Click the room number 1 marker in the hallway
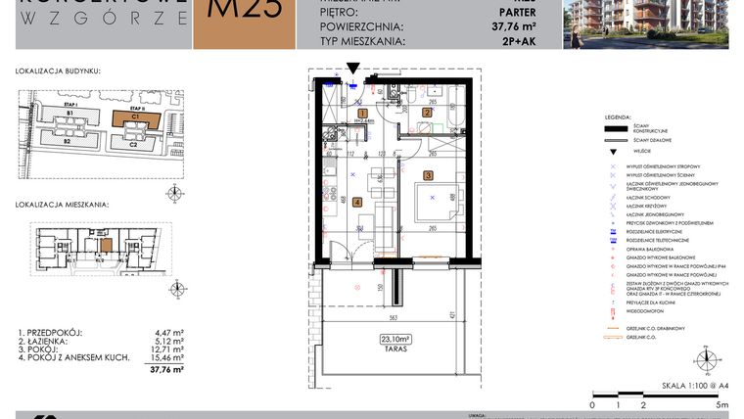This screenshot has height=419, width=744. (362, 114)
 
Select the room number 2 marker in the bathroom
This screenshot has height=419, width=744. (427, 114)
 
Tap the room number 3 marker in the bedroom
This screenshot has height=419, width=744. (428, 176)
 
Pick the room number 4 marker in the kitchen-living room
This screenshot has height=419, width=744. (356, 203)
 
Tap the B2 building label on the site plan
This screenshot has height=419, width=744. (69, 142)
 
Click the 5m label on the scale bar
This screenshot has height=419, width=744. (721, 404)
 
